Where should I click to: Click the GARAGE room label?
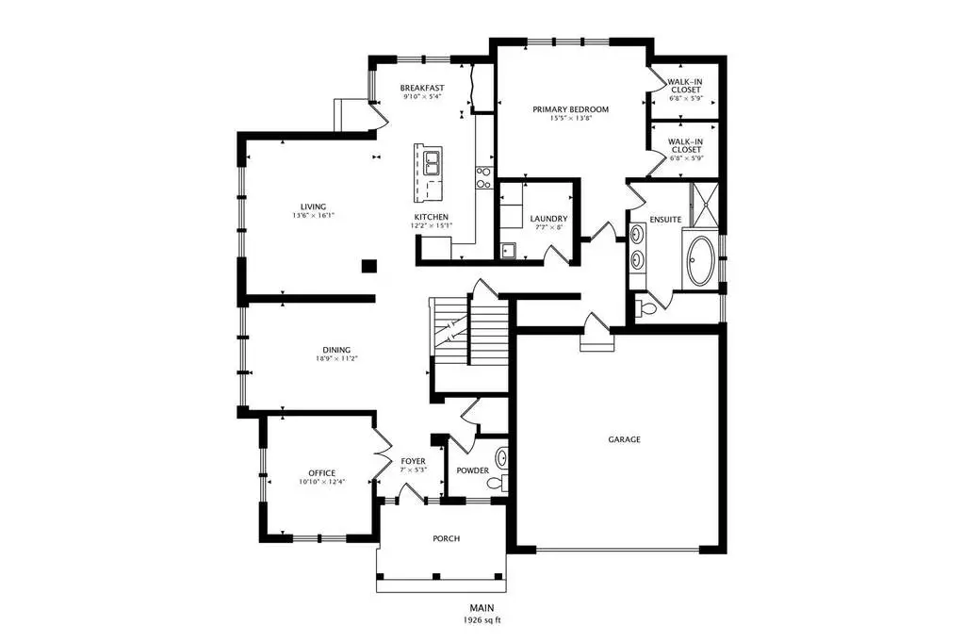click(x=624, y=439)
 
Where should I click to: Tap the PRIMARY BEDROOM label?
click(x=570, y=109)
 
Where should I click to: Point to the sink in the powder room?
click(x=501, y=458)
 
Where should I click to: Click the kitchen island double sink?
click(x=432, y=164)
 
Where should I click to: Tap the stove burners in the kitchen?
click(x=483, y=178)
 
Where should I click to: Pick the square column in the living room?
click(x=368, y=266)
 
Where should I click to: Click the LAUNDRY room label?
click(x=548, y=219)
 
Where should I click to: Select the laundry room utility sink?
click(x=509, y=250)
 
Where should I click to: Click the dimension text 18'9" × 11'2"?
click(x=337, y=358)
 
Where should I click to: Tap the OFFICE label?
click(x=322, y=473)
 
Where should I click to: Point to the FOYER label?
click(x=413, y=461)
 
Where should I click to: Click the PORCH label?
click(x=447, y=538)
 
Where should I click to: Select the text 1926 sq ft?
click(x=482, y=620)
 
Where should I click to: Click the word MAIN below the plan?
click(x=482, y=608)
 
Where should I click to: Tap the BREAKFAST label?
click(x=422, y=88)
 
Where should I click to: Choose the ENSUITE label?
click(x=665, y=220)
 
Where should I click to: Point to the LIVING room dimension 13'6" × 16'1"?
click(x=314, y=216)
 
